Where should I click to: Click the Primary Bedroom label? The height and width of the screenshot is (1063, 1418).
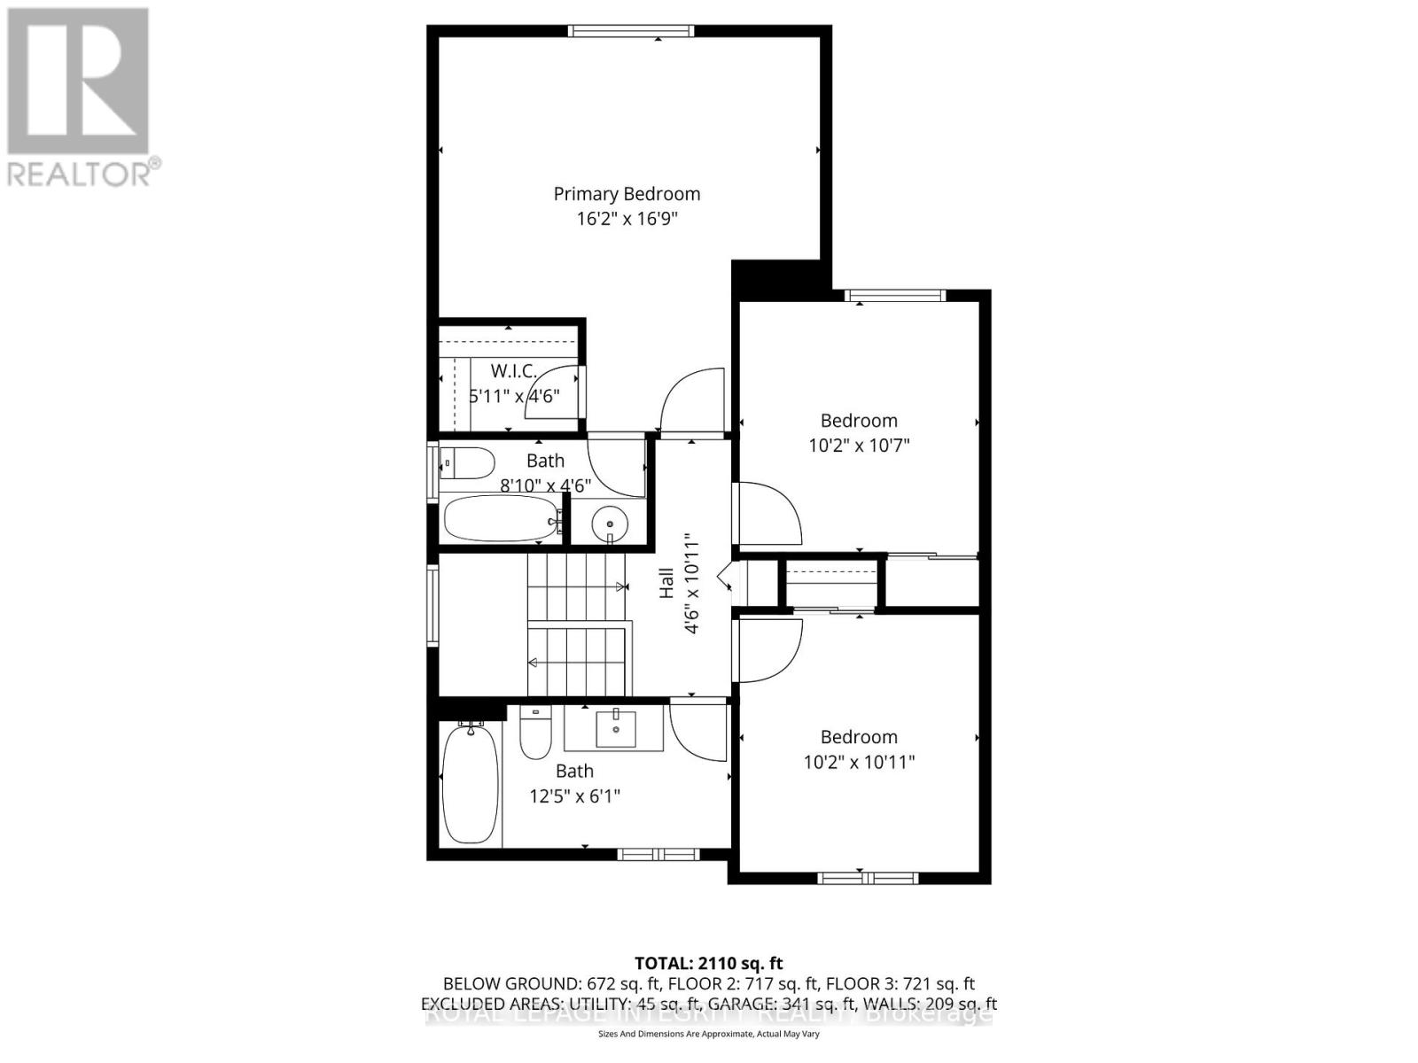627,194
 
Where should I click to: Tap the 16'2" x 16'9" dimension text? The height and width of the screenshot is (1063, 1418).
627,219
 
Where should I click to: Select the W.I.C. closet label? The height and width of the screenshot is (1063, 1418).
514,371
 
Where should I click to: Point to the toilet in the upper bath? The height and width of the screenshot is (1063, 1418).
468,463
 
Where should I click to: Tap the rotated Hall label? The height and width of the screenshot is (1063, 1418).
666,583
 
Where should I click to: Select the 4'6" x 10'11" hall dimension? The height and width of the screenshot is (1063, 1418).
692,583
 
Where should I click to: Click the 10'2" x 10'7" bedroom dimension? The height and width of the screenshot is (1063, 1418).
859,446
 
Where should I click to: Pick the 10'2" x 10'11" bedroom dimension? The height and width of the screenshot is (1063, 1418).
859,762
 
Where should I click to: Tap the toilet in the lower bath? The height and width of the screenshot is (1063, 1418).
535,733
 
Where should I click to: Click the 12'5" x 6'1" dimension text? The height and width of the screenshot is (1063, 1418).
574,796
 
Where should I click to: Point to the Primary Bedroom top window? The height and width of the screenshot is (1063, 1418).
630,31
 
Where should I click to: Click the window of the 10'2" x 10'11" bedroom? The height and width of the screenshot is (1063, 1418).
859,878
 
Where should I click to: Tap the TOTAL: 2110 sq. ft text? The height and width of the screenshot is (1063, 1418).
708,963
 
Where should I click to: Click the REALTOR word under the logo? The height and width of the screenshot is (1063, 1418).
78,174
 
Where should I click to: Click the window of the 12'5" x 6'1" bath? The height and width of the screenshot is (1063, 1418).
658,854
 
